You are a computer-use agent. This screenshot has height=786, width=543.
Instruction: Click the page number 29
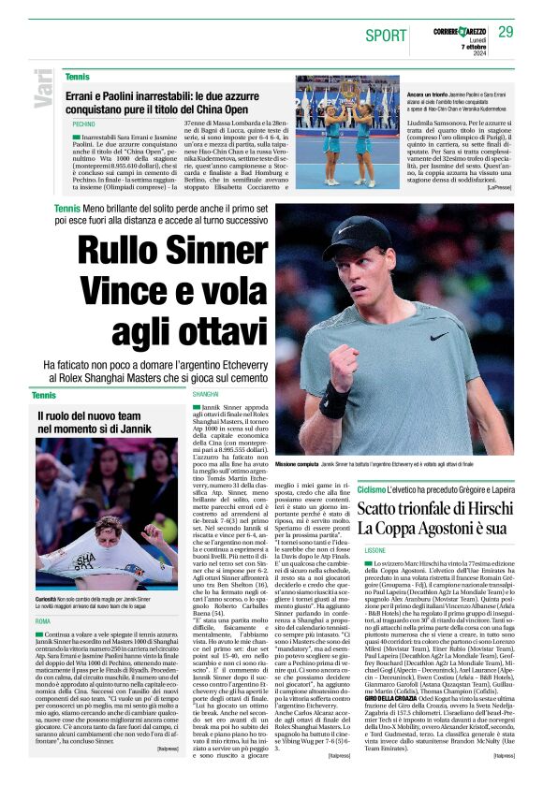point(506,32)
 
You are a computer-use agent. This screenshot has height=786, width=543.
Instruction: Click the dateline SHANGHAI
point(205,396)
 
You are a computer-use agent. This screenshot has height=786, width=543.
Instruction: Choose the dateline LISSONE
point(374,549)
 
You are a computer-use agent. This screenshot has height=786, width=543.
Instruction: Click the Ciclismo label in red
point(372,489)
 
